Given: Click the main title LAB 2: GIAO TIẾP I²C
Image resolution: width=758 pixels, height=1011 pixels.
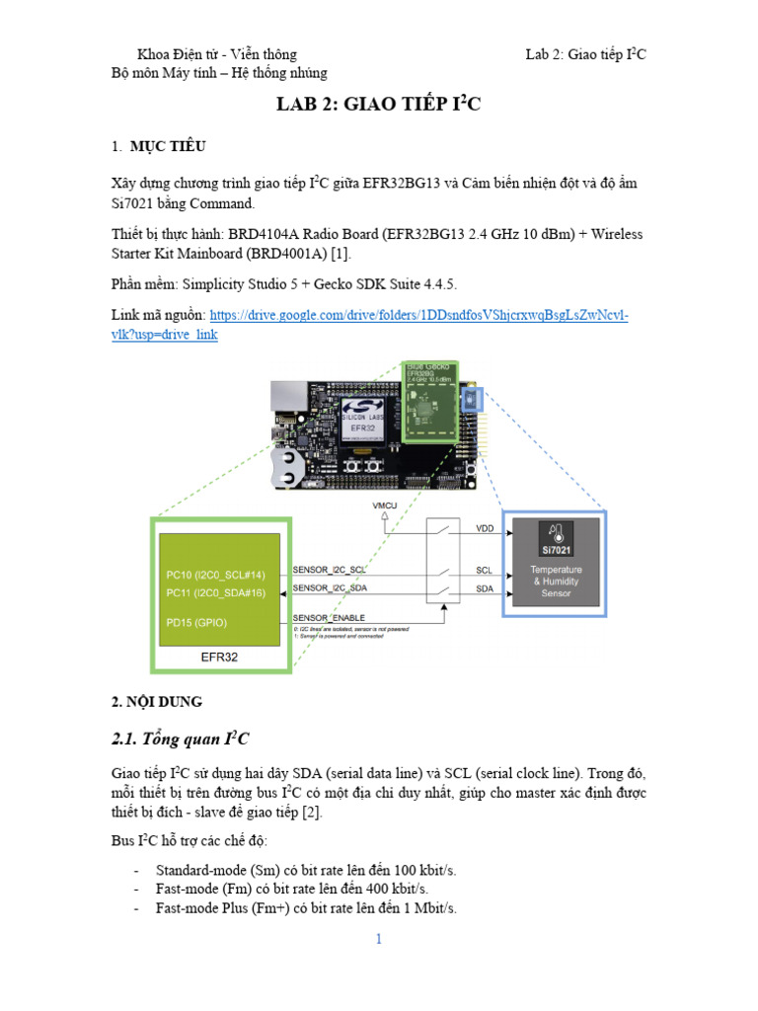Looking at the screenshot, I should click(x=378, y=106).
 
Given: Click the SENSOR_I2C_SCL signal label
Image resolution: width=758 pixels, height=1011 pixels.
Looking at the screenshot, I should click(x=331, y=570).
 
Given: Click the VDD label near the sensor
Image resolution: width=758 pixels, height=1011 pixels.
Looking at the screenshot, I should click(x=485, y=528).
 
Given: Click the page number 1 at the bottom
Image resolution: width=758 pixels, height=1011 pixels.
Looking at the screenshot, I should click(x=378, y=939).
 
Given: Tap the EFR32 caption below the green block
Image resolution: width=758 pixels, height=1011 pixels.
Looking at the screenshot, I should click(x=218, y=656).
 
